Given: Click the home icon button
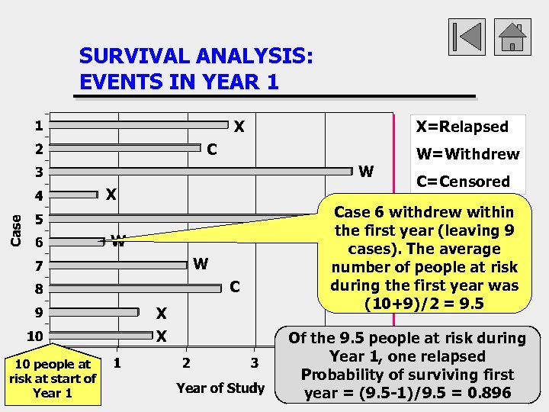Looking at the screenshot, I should coord(514,37).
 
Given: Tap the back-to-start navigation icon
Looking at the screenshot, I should coord(467,37).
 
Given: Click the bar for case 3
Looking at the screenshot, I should coord(203,171).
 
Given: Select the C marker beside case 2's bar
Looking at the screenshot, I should coord(213,150).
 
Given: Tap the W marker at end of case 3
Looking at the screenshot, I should coord(366,172).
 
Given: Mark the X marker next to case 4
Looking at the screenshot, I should coord(111,195).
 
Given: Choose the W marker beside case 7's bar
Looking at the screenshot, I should coord(201,265).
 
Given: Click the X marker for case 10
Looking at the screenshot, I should coord(162,336).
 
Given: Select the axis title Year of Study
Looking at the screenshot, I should coord(220,388).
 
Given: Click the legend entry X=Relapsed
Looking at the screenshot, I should coord(461,127).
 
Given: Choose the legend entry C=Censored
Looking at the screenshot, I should coord(463,182).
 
